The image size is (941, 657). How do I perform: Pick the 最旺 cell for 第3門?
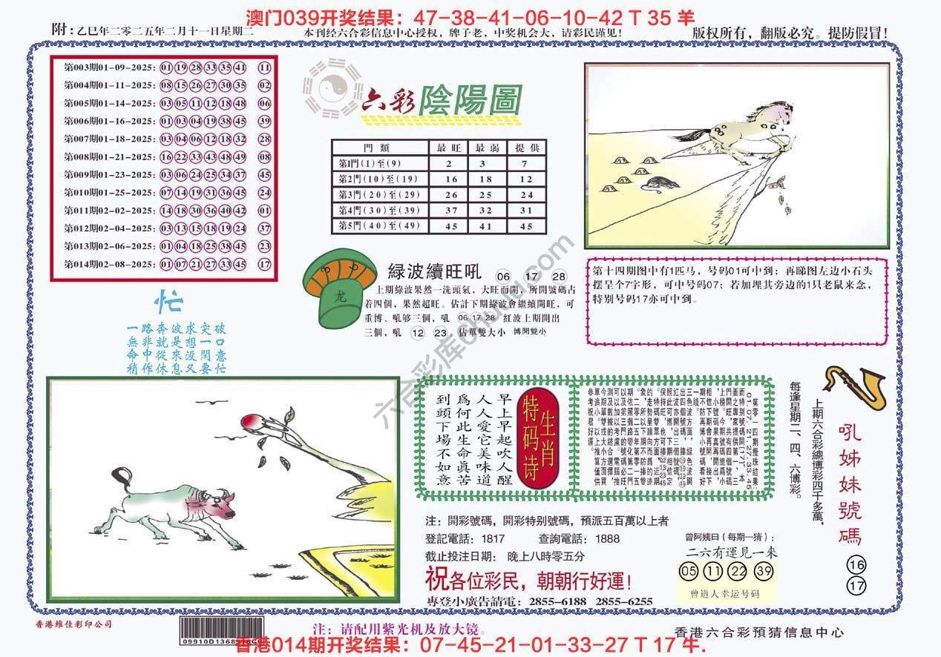[x=450, y=195]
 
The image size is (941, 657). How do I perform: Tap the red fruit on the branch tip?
[x=247, y=422]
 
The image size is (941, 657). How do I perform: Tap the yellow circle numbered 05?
[x=689, y=571]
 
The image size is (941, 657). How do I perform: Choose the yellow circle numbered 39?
[x=763, y=571]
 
